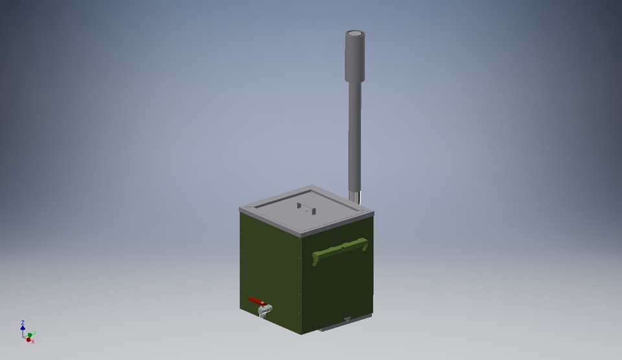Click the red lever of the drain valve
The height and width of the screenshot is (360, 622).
tap(256, 301)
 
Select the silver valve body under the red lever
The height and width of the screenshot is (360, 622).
tap(264, 311)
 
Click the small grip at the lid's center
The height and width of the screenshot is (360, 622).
tap(306, 208)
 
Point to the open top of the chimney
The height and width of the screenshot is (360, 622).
tap(355, 34)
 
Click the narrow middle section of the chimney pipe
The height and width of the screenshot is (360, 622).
tap(354, 136)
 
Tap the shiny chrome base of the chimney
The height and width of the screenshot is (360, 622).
tap(355, 196)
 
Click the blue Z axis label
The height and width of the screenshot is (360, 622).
tap(23, 322)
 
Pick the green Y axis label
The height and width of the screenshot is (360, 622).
tap(34, 333)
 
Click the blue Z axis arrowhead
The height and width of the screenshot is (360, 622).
tap(23, 328)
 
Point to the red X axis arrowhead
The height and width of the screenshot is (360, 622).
tap(29, 339)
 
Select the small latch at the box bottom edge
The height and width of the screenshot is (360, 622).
tap(347, 319)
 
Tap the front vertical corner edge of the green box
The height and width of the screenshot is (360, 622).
tap(301, 285)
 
